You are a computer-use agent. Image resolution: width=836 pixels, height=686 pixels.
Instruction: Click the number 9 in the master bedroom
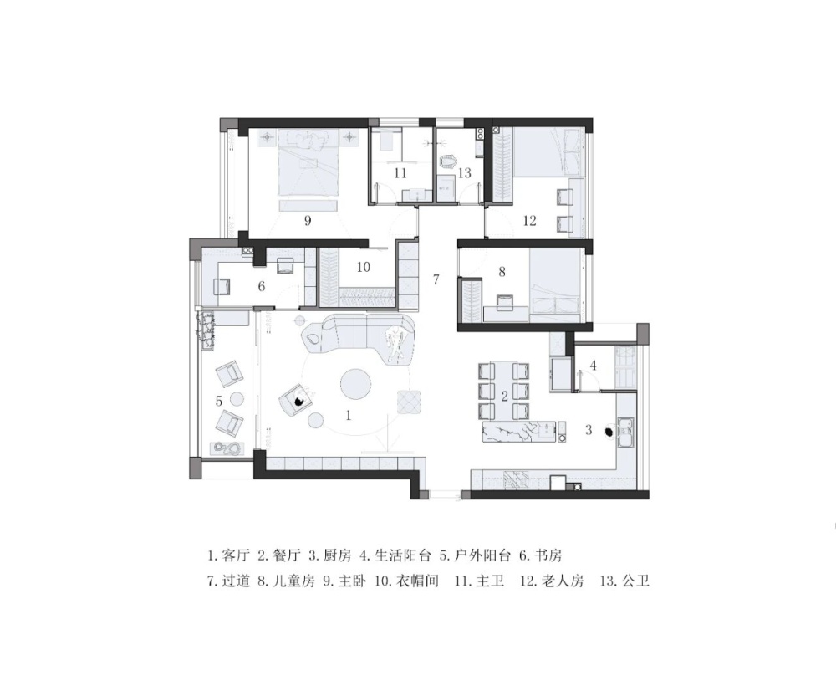click(307, 220)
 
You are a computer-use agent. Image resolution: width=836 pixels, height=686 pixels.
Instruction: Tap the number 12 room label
click(529, 220)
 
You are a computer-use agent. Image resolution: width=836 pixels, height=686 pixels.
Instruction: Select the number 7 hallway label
click(436, 279)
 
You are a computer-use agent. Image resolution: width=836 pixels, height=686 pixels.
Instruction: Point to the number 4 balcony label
click(593, 366)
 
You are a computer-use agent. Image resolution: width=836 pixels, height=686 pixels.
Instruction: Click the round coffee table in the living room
click(356, 383)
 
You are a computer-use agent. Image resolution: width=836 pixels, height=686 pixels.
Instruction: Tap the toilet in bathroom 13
click(448, 161)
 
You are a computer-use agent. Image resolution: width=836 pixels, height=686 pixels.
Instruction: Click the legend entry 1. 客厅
click(229, 555)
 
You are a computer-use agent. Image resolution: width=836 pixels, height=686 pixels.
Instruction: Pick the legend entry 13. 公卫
click(624, 581)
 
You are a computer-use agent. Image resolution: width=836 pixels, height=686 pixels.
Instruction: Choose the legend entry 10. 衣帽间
click(407, 581)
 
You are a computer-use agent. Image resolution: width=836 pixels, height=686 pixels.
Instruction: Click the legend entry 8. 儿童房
click(286, 581)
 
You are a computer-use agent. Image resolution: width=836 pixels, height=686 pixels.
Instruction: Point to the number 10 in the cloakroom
click(363, 267)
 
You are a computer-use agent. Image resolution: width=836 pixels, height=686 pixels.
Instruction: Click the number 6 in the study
click(261, 286)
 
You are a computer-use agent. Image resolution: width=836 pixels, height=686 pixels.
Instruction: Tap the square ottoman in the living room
click(410, 402)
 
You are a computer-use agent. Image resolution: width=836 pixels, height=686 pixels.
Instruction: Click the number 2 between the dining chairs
click(504, 397)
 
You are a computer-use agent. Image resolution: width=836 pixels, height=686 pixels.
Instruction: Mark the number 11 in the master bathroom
click(400, 173)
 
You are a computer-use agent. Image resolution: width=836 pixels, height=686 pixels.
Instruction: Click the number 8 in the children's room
click(502, 272)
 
